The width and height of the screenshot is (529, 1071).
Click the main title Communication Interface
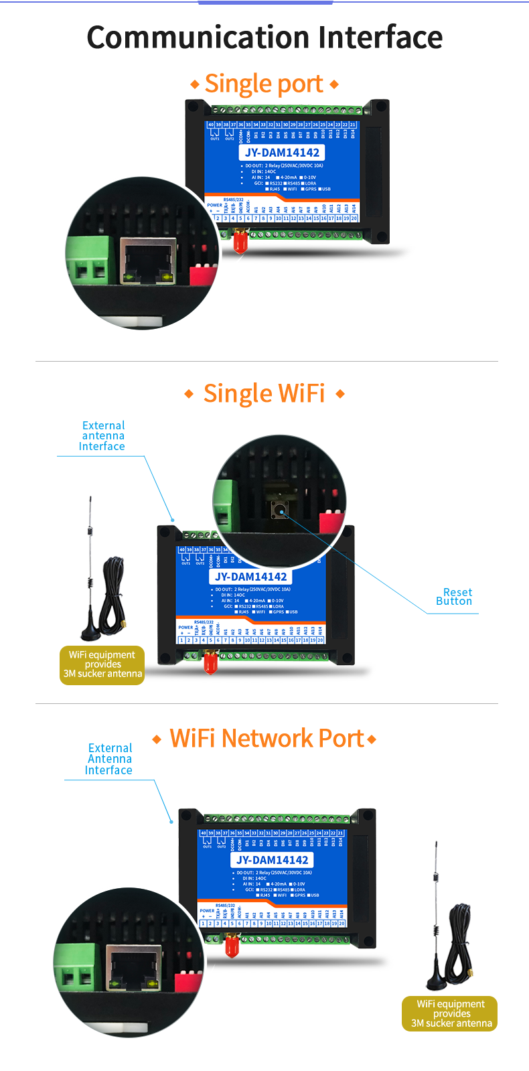coord(264,38)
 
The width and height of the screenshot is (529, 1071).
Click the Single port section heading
coord(264,84)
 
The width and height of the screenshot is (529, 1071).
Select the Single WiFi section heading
coord(264,393)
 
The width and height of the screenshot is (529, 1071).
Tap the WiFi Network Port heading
coord(266,738)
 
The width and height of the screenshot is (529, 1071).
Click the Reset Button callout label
coord(454,597)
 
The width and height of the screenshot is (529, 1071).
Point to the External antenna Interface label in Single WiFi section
coord(102,436)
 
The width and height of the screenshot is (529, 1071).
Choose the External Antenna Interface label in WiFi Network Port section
coord(109,759)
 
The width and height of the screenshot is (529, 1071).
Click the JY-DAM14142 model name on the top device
coord(282,153)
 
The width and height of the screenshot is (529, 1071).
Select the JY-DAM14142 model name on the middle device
coord(250,577)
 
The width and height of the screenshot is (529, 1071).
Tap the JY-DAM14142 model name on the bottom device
coord(273,860)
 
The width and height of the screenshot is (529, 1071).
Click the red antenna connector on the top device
coord(240,240)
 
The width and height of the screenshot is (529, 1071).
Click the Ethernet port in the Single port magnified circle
coord(148,262)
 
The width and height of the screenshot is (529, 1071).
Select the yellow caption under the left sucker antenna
coord(102,664)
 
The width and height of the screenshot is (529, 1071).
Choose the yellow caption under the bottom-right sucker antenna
coord(451,1013)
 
